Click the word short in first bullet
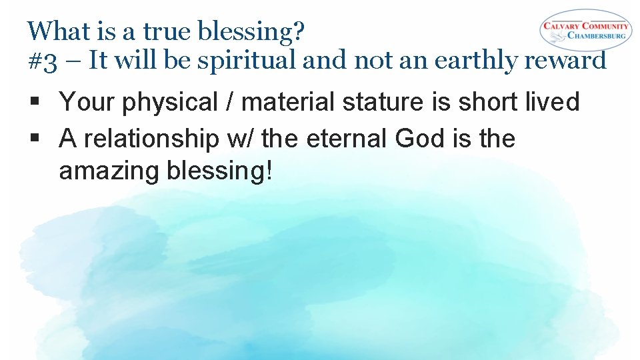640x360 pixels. pos(487,103)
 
